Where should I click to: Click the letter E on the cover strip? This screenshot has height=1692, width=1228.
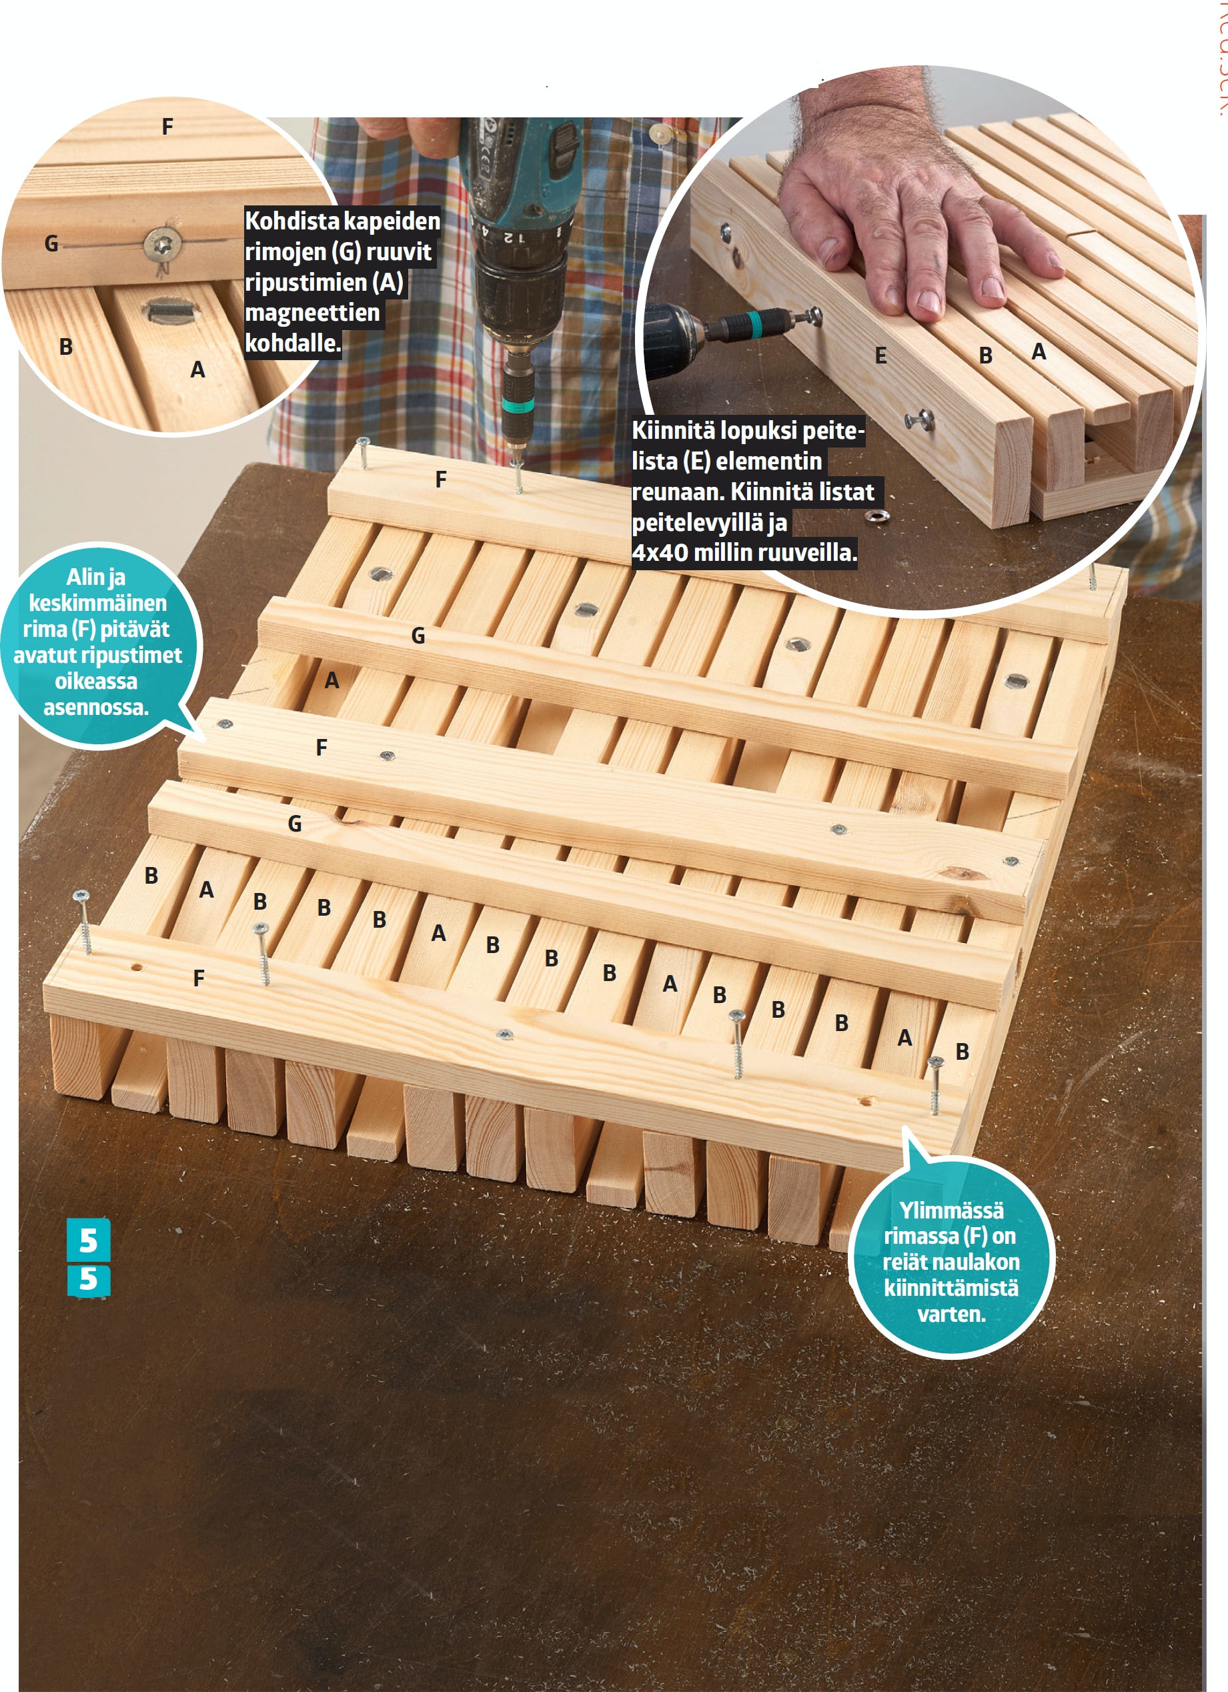880,356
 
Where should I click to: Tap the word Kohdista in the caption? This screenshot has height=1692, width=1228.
292,221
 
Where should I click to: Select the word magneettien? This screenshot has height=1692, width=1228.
313,313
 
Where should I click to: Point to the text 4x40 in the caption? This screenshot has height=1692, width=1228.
660,552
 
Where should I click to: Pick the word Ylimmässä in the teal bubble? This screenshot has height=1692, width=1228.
951,1209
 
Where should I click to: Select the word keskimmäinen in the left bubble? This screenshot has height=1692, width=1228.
98,603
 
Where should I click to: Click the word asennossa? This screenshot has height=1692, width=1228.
95,707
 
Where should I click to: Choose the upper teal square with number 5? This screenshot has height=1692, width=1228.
89,1240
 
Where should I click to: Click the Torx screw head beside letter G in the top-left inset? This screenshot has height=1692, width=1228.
163,243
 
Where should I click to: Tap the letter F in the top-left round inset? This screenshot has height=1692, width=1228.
168,127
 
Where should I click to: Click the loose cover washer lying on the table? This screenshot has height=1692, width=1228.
877,516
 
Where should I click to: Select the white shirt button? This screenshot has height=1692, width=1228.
661,133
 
